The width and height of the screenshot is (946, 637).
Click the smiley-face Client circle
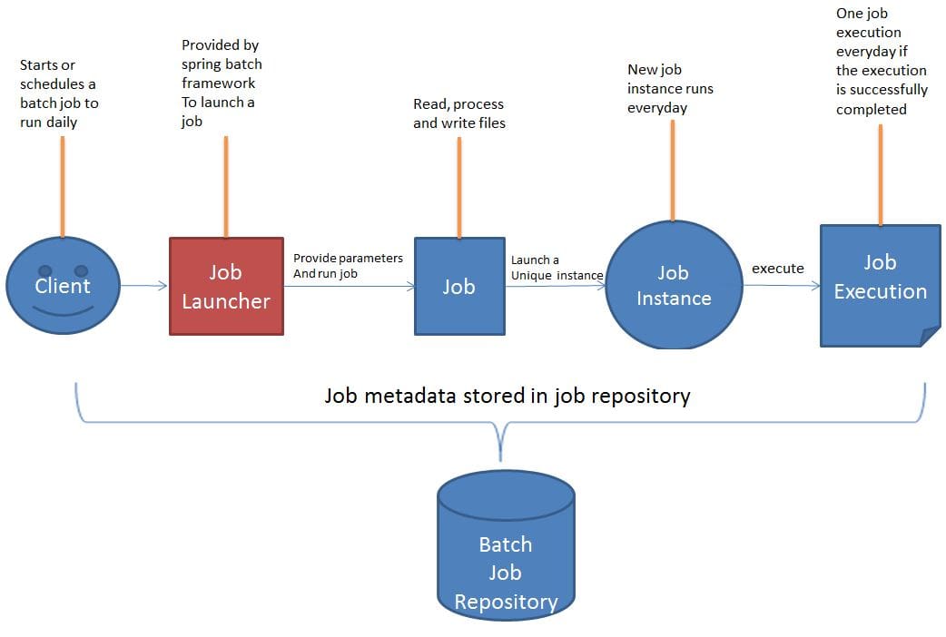[62, 287]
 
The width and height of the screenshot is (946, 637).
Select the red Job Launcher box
[226, 287]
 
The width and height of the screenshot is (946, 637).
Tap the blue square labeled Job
[459, 286]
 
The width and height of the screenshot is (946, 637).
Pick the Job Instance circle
[673, 286]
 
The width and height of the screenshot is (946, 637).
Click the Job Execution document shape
[879, 278]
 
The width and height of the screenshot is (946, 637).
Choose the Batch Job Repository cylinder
[506, 553]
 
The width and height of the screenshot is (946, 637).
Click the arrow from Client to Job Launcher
[144, 286]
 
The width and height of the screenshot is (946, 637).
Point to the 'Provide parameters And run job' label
[348, 266]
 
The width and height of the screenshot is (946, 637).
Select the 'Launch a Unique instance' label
[556, 268]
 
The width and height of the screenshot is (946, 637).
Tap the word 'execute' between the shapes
[777, 269]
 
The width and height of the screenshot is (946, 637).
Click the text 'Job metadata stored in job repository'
[507, 396]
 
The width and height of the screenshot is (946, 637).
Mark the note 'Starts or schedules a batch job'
[59, 93]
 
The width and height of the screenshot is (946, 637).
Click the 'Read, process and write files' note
[458, 113]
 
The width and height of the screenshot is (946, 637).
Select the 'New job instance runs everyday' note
[670, 89]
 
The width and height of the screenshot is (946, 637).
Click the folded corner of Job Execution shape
[930, 337]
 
